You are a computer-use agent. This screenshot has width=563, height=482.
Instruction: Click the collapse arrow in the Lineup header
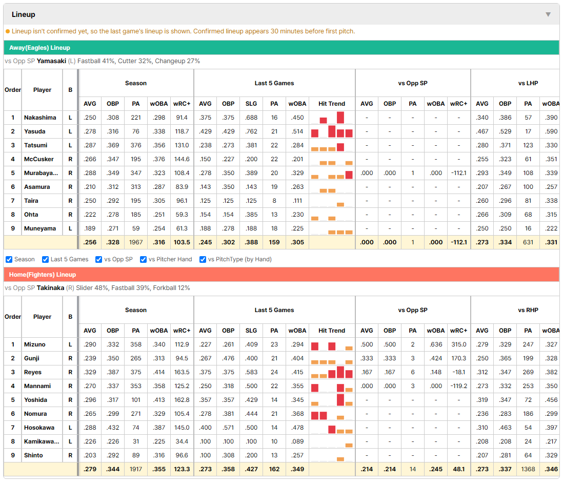[x=548, y=14]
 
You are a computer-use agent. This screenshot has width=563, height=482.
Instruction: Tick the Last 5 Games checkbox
[x=45, y=260]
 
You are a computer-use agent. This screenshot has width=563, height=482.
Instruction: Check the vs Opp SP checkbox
[x=99, y=260]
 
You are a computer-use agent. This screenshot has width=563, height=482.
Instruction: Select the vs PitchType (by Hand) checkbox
[x=203, y=260]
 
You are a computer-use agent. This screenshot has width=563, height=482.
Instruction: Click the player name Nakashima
[x=40, y=118]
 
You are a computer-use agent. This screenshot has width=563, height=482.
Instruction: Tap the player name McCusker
[x=39, y=159]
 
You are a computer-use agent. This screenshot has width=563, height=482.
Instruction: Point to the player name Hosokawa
[x=39, y=428]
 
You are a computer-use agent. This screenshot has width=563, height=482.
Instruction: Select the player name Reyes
[x=33, y=372]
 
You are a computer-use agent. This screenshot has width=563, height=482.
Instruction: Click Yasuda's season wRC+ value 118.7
[x=182, y=131]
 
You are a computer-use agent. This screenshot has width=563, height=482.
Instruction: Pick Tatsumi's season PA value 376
[x=136, y=145]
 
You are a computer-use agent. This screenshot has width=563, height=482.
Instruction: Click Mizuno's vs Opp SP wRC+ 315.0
[x=459, y=344]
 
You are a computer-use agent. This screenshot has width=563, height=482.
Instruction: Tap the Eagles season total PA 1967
[x=136, y=242]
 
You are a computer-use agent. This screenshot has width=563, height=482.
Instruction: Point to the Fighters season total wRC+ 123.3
[x=182, y=469]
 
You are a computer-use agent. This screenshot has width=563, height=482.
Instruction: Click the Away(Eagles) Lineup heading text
[x=39, y=48]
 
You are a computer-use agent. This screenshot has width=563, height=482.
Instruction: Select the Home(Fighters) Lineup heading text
[x=43, y=275]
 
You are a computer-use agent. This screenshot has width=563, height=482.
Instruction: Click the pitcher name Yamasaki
[x=51, y=61]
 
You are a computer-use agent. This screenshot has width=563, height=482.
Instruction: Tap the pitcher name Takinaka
[x=50, y=288]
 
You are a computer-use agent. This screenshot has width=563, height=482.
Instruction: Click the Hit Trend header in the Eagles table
[x=332, y=104]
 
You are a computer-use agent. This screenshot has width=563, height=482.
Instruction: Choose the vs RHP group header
[x=528, y=310]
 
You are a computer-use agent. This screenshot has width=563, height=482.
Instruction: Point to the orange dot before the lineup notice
[x=8, y=31]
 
